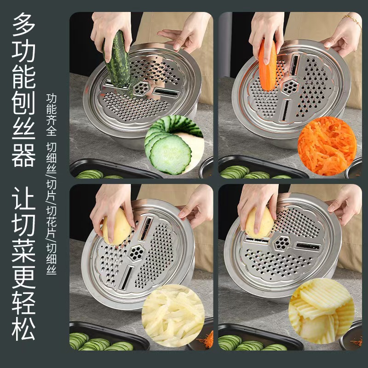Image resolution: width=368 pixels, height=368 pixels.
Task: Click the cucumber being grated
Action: pyautogui.click(x=118, y=60)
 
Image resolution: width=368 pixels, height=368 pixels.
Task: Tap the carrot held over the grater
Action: pyautogui.click(x=267, y=64)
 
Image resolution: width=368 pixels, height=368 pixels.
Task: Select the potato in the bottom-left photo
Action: pyautogui.click(x=116, y=226)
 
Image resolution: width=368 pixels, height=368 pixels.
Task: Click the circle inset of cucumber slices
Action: pyautogui.click(x=174, y=145)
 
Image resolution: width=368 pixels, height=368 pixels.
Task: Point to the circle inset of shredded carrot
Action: pyautogui.click(x=327, y=146)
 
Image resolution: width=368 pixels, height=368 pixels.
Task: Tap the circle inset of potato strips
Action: pyautogui.click(x=173, y=316)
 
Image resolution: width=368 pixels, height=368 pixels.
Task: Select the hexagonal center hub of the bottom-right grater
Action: pyautogui.click(x=282, y=244)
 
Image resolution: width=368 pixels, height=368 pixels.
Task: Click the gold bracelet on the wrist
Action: pyautogui.click(x=352, y=21)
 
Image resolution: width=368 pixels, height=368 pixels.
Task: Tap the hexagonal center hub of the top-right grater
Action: pyautogui.click(x=289, y=86)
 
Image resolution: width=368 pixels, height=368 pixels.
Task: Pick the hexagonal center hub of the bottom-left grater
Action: pyautogui.click(x=137, y=252)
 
